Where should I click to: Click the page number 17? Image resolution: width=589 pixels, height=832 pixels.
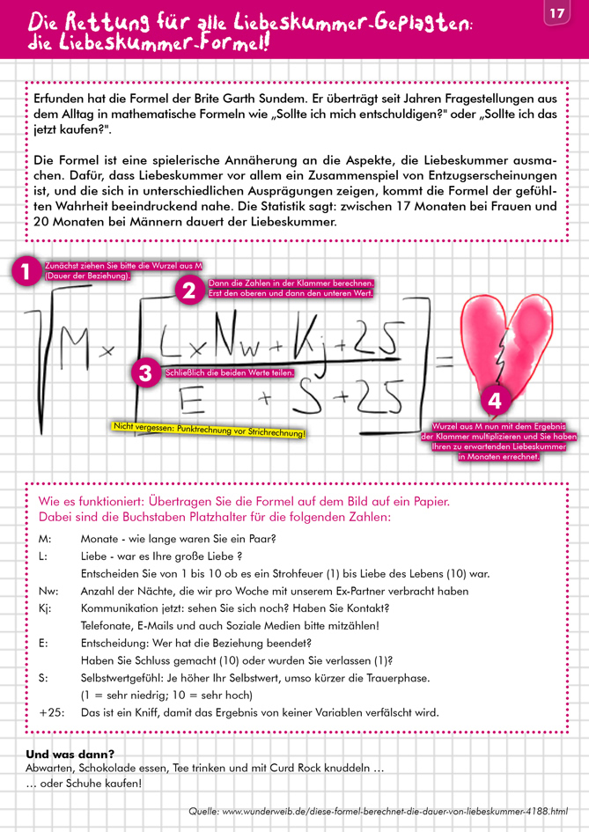click(x=556, y=13)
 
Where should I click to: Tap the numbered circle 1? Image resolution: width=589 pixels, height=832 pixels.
click(x=26, y=272)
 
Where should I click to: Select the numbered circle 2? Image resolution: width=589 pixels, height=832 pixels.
click(x=188, y=292)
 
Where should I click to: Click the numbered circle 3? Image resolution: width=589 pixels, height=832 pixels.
click(x=145, y=372)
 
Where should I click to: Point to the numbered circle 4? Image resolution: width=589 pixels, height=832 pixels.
click(x=495, y=401)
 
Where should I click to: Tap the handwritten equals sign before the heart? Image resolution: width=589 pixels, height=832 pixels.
click(x=445, y=357)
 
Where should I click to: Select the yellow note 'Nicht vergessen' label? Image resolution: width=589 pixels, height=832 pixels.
click(x=210, y=431)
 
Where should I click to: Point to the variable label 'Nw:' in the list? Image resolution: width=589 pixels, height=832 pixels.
click(x=50, y=591)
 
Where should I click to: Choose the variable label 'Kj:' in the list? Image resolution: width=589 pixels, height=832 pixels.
click(x=48, y=608)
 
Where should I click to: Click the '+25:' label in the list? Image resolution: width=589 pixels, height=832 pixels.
click(x=51, y=712)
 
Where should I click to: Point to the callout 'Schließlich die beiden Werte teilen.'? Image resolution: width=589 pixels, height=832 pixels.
click(x=229, y=373)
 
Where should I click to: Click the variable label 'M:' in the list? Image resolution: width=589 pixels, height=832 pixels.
click(x=46, y=539)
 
